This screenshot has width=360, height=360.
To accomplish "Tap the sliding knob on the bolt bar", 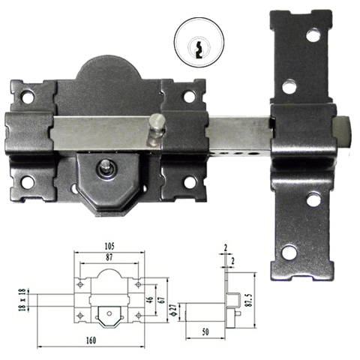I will tap(155, 122).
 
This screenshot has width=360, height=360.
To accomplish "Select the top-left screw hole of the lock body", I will tap(28, 96).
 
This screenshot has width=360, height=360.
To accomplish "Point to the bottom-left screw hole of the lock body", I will tap(28, 182).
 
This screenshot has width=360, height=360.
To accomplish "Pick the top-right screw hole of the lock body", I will tap(189, 96).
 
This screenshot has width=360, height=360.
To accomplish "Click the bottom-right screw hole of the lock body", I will tap(190, 182).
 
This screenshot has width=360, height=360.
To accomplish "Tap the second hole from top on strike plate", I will tap(289, 86).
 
